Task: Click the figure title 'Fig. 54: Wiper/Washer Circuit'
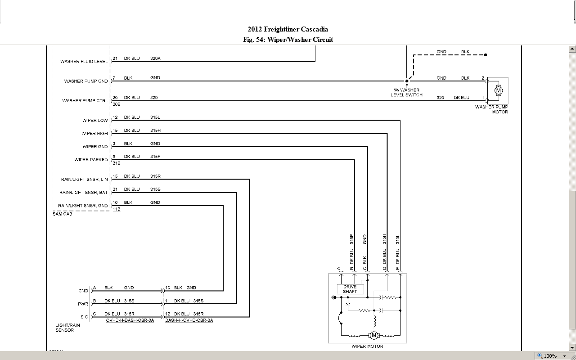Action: coord(288,40)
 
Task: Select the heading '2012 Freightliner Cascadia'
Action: coord(288,30)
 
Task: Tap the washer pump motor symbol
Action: coord(498,90)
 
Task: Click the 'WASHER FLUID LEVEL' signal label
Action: coord(84,62)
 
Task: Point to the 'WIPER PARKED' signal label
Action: coord(91,160)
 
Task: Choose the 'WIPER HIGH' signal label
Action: coord(94,134)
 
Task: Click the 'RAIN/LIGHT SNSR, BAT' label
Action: coord(84,193)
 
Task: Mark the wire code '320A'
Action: coord(155,58)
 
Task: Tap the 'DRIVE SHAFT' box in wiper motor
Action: coord(350,289)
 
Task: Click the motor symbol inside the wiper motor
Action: coord(373,335)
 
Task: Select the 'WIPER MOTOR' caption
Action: coord(367,346)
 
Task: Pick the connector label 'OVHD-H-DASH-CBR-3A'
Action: coord(130,320)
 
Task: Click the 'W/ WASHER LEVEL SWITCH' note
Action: coord(406,93)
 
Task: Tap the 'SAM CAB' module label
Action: coord(63,214)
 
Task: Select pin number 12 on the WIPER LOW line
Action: coord(115,117)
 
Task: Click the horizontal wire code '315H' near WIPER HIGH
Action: coord(155,130)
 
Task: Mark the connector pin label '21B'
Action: coord(116,163)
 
